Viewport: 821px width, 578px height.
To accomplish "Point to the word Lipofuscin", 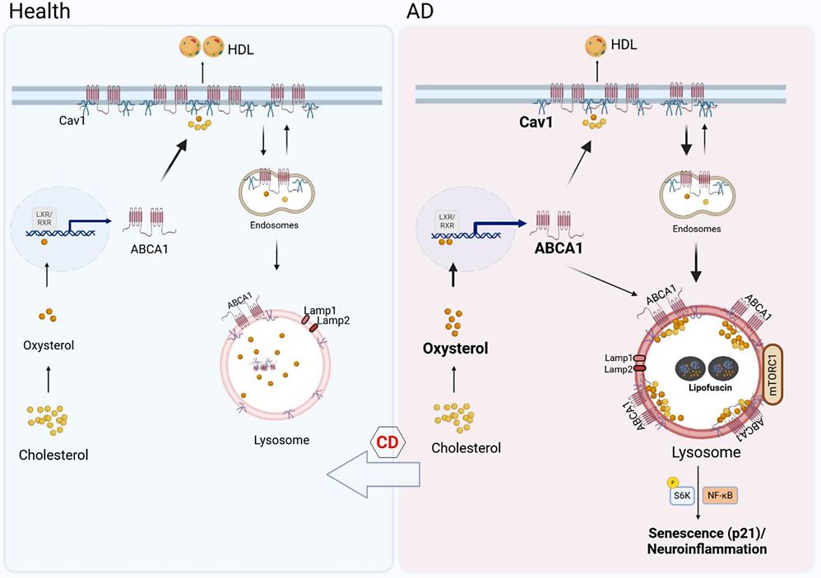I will click(706, 384).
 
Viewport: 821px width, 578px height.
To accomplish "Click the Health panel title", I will click(39, 12).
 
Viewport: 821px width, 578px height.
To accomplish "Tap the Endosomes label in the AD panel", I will click(697, 229).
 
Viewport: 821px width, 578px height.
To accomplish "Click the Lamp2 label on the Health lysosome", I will click(334, 321).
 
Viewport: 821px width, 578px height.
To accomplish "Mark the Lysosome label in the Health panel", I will click(281, 440).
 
